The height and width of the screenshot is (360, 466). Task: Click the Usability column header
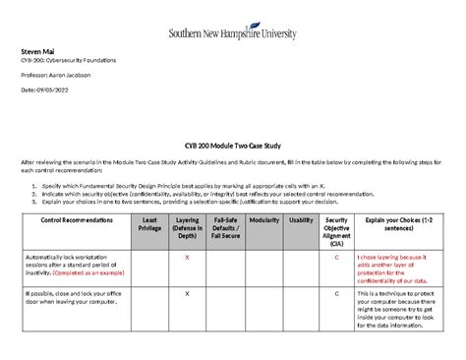coord(301,221)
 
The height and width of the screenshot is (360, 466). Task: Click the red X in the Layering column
coord(187,258)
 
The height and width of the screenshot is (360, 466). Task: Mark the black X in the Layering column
coord(187,294)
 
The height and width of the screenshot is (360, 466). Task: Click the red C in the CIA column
coord(336,258)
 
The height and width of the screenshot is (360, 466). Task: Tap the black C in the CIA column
coord(336,294)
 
